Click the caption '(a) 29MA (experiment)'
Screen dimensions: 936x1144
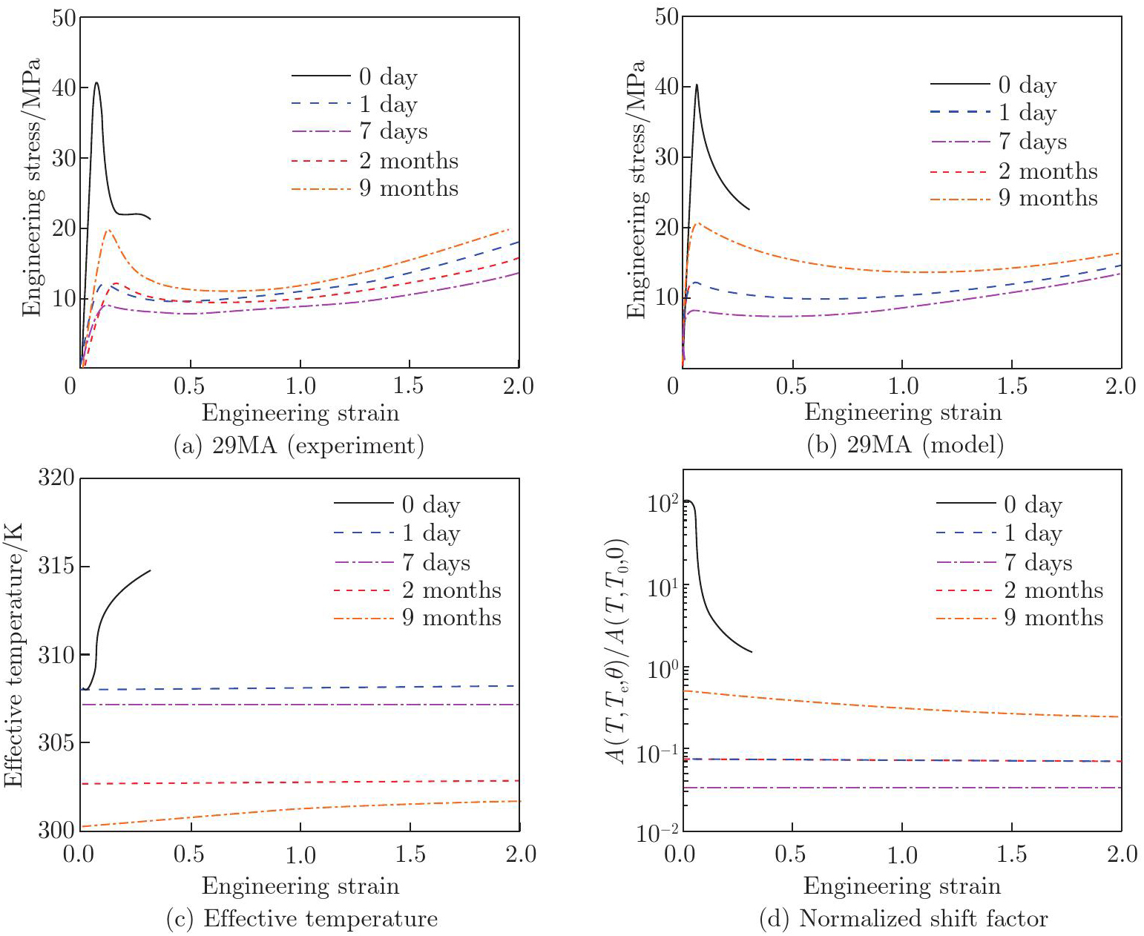pyautogui.click(x=298, y=445)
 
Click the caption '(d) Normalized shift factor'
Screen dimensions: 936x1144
pyautogui.click(x=904, y=919)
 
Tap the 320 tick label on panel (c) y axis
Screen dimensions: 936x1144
pyautogui.click(x=56, y=478)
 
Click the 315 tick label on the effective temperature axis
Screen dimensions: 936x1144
pyautogui.click(x=56, y=567)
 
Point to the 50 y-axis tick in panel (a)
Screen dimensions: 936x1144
pyautogui.click(x=64, y=17)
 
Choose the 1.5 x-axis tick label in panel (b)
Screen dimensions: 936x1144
pyautogui.click(x=1012, y=386)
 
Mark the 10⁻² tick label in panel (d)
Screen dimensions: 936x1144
pyautogui.click(x=657, y=833)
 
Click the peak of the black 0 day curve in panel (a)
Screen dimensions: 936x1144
pyautogui.click(x=96, y=82)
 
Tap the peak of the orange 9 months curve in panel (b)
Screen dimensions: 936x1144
pyautogui.click(x=697, y=223)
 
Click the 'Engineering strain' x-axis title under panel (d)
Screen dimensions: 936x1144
pyautogui.click(x=902, y=886)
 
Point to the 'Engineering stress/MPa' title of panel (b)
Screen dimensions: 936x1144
pyautogui.click(x=636, y=189)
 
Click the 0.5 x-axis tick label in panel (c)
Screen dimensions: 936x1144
pyautogui.click(x=188, y=854)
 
